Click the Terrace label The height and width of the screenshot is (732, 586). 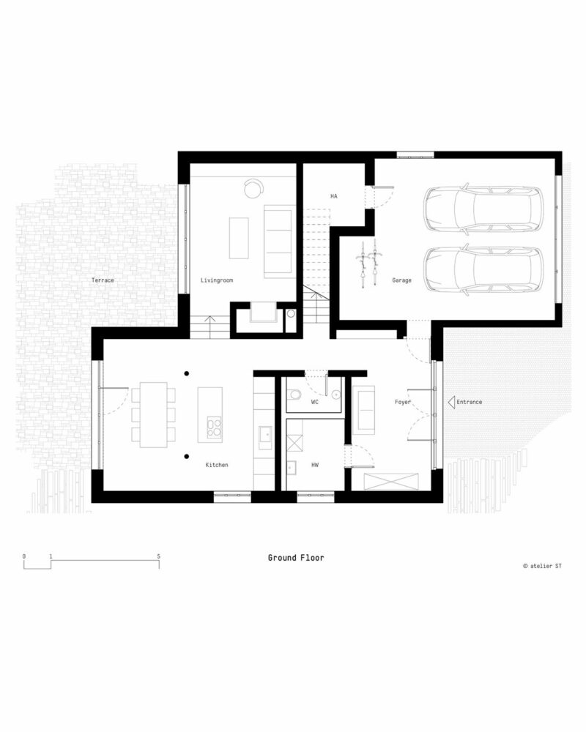coord(103,280)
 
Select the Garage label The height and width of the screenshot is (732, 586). coord(401,280)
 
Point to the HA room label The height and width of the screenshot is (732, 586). coord(334,196)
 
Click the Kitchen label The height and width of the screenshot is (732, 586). coord(217,465)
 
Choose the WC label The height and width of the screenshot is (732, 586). coord(315,402)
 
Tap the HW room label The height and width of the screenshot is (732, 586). coord(315,465)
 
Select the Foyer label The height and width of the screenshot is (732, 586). coord(403,402)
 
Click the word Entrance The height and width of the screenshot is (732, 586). coord(469,402)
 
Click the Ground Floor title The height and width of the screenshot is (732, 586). coord(296,558)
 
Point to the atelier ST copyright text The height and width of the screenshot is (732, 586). coord(542,566)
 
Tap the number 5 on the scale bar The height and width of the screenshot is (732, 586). coord(159,556)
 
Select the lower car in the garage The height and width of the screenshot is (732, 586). coord(483,269)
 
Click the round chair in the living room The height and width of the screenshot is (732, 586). coord(253,189)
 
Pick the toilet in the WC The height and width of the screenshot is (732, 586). coord(294,396)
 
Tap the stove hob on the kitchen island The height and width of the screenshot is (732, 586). coord(214,427)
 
